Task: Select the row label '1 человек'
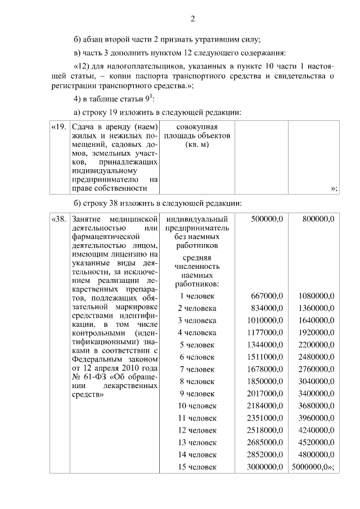click(197, 296)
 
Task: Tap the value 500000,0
click(267, 218)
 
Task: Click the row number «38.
click(58, 218)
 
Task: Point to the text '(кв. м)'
click(197, 146)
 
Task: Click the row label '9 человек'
click(197, 394)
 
